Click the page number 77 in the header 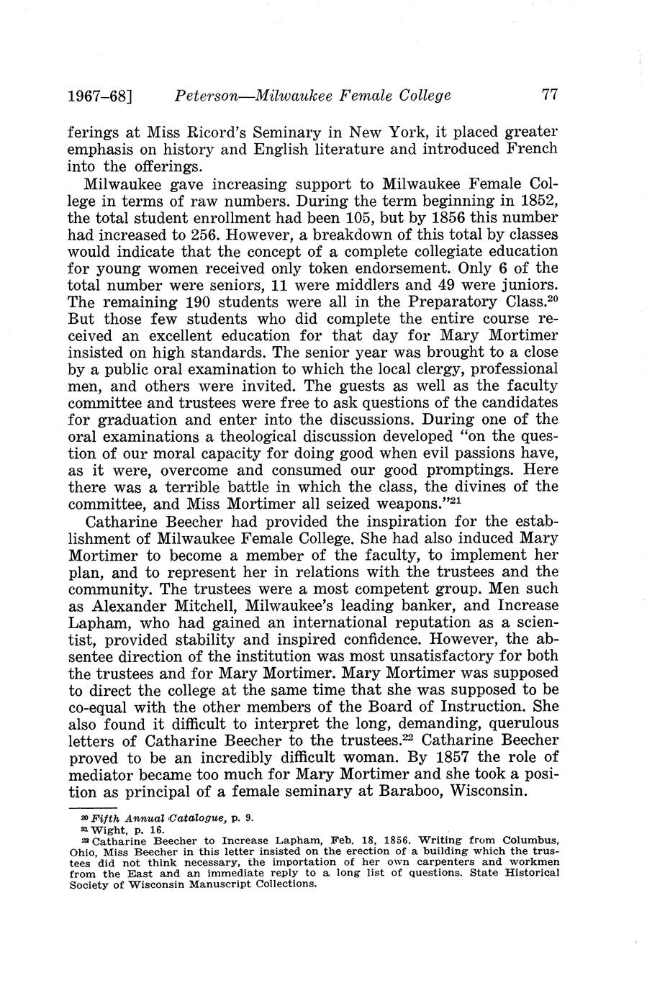(x=550, y=94)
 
